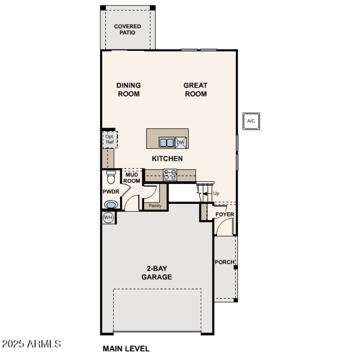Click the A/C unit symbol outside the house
(251, 121)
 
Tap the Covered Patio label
(127, 30)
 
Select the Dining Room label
(129, 90)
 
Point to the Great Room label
(195, 90)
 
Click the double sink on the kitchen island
(166, 143)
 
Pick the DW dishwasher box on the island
(181, 143)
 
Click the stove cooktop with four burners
(170, 175)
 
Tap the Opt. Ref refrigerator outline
(109, 139)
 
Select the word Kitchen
(167, 158)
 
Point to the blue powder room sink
(110, 205)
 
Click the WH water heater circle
(108, 217)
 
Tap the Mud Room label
(132, 178)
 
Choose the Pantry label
(155, 206)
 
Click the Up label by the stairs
(216, 193)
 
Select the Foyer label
(225, 214)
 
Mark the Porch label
(225, 262)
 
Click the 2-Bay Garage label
(157, 273)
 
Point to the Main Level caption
(126, 348)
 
